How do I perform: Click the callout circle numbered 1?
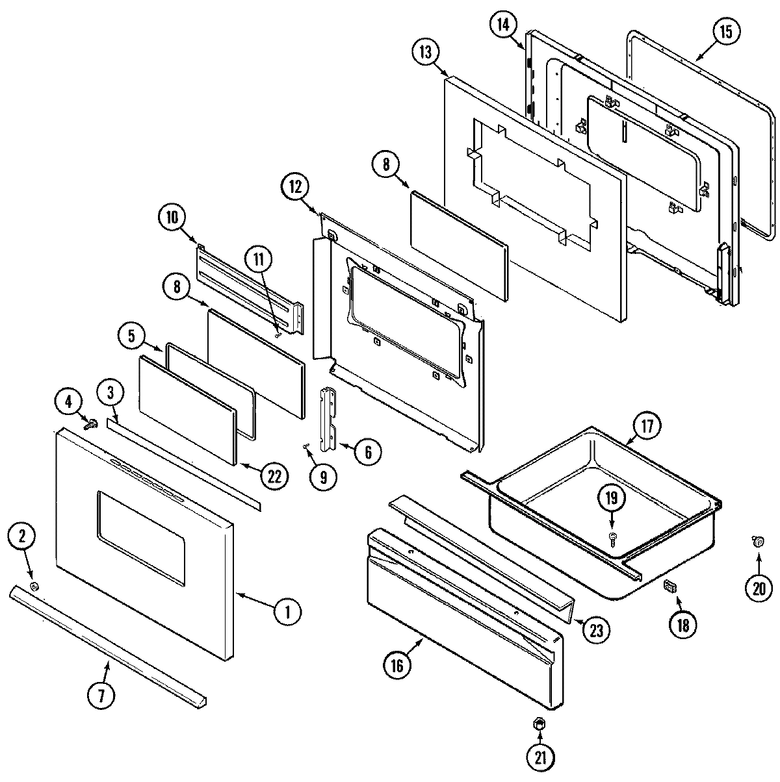(287, 611)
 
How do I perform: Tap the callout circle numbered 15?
(725, 33)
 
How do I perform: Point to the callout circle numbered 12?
(296, 186)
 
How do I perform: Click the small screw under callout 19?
(612, 536)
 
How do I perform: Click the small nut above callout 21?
(539, 723)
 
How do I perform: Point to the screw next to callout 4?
(92, 425)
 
